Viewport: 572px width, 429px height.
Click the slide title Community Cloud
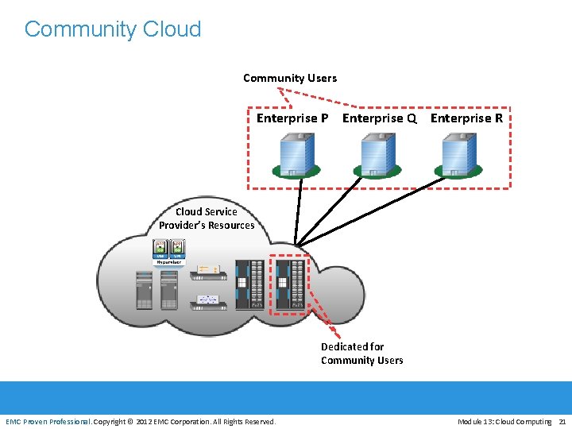[113, 29]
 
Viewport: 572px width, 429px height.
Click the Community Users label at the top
[289, 78]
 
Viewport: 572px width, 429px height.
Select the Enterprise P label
[292, 118]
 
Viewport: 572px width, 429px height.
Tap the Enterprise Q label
[379, 118]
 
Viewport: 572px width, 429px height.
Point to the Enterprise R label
[466, 118]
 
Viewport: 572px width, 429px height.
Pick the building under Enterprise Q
[376, 153]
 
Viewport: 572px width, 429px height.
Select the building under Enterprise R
[457, 153]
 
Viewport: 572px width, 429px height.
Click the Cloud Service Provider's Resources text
[207, 218]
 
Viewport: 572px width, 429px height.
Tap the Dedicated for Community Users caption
[361, 354]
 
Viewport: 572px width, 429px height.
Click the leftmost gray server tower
[144, 291]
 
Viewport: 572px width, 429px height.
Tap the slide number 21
[562, 421]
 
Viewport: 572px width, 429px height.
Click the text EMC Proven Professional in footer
[48, 421]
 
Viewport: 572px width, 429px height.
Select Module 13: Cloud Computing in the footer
[504, 421]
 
